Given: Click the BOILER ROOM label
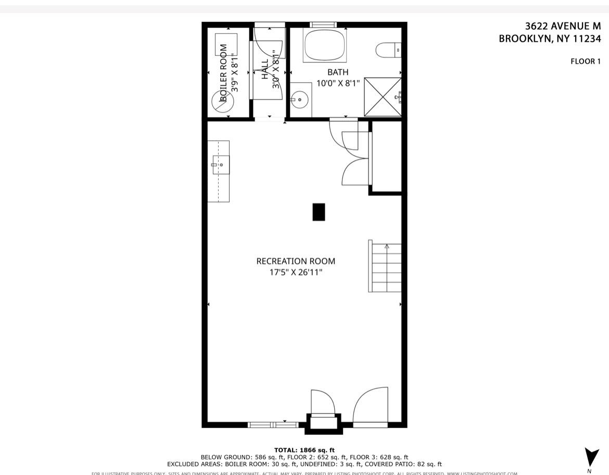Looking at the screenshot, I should [223, 72].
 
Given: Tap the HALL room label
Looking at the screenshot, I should [265, 69].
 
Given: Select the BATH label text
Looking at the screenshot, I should [338, 72].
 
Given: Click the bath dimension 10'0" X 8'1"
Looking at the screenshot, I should [338, 83].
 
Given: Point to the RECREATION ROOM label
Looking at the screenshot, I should [296, 261].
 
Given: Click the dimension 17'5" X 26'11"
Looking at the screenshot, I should [296, 272].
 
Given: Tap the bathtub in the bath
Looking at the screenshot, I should [325, 45].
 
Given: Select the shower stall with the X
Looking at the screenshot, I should [383, 97].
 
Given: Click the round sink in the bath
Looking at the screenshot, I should [299, 99].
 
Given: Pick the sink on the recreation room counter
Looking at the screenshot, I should [221, 165].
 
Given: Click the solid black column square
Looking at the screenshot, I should [319, 212].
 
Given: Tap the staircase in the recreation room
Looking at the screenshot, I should [386, 266].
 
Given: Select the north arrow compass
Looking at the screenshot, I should [591, 457].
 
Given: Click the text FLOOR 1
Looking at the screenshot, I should [586, 61].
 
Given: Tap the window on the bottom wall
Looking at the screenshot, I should [273, 425].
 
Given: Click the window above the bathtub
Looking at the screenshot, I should [323, 25].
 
